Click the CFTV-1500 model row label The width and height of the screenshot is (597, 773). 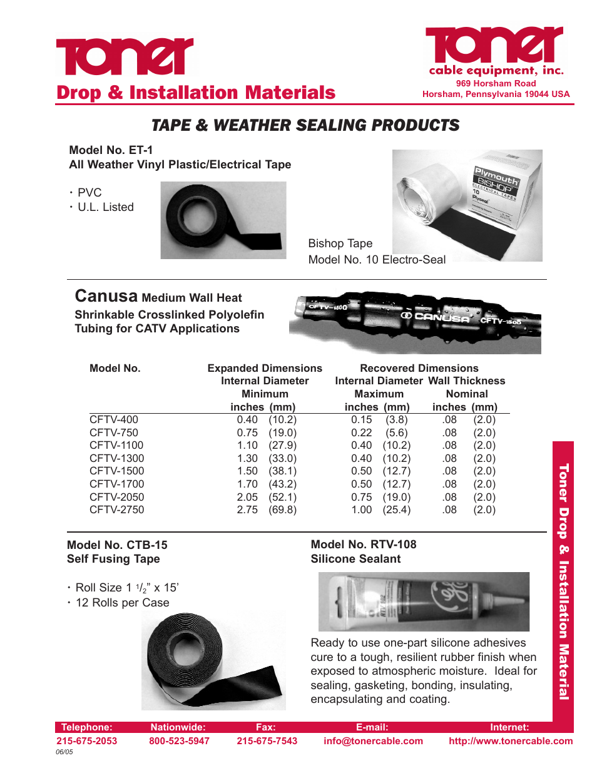click(116, 471)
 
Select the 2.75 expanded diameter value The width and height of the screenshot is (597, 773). click(247, 509)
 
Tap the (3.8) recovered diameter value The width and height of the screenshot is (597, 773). click(396, 419)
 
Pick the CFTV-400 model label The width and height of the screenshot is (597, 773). click(114, 419)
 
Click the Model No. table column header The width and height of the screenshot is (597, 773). click(115, 368)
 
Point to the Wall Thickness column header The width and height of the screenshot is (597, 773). click(467, 381)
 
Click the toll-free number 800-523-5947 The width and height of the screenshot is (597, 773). click(179, 741)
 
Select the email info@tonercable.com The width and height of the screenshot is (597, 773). click(373, 741)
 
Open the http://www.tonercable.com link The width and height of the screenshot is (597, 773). click(510, 741)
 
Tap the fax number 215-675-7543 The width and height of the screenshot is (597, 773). click(267, 741)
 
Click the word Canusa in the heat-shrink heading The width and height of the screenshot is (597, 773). click(106, 296)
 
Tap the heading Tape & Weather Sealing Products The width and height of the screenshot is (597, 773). click(305, 125)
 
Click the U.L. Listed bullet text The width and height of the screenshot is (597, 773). click(105, 207)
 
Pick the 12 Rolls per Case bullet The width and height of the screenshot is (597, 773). click(122, 603)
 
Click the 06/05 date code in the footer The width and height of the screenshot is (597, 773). click(64, 752)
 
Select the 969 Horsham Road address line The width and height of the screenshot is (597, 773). click(496, 83)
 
